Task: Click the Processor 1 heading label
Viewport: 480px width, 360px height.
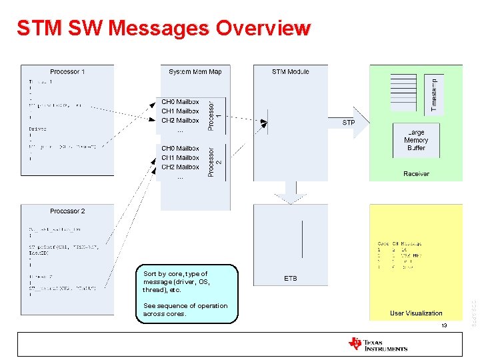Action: click(x=67, y=71)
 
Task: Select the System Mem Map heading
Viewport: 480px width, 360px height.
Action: click(x=195, y=71)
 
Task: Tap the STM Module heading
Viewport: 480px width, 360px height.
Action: click(x=290, y=71)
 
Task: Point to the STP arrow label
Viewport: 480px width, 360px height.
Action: click(x=349, y=123)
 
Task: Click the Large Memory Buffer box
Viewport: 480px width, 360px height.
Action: click(x=416, y=140)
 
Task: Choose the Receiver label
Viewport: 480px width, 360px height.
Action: click(x=416, y=174)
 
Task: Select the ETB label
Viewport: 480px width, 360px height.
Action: click(x=291, y=279)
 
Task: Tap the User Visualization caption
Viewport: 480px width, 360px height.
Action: click(x=416, y=313)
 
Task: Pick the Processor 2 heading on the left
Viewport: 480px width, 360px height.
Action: click(x=67, y=211)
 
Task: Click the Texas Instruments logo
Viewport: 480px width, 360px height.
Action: click(x=377, y=344)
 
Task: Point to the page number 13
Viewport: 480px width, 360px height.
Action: click(x=443, y=326)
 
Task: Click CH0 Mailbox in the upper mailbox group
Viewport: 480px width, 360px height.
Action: click(x=180, y=102)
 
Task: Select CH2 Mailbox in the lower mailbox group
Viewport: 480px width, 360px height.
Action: click(x=180, y=167)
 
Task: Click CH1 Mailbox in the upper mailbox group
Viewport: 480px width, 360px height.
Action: click(x=180, y=111)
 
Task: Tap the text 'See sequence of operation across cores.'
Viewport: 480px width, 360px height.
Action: click(x=185, y=310)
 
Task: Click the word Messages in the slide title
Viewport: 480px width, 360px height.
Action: click(x=159, y=28)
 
